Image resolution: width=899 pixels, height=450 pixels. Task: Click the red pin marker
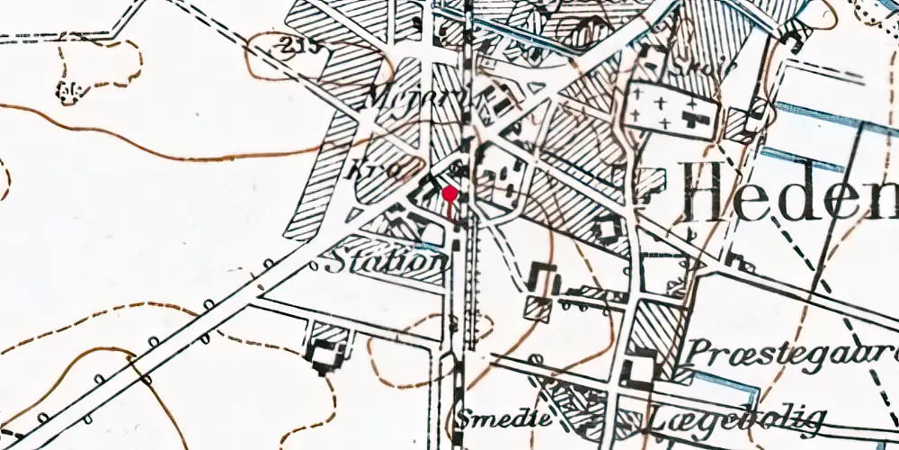[449, 193]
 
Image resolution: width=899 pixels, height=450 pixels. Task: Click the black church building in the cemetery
[693, 119]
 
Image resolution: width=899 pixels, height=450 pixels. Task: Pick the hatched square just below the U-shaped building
[539, 309]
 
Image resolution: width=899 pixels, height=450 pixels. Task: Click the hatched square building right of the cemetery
[740, 125]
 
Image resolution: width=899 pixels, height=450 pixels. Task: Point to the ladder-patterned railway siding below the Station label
[474, 297]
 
